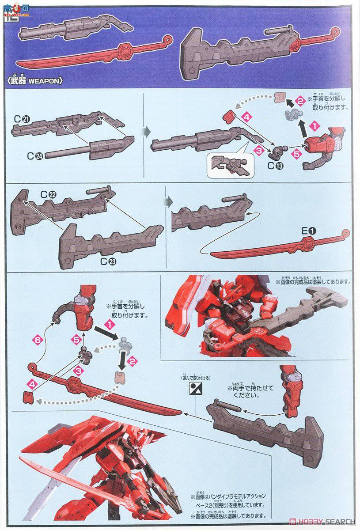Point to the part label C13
274,167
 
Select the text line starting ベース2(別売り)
227,504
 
